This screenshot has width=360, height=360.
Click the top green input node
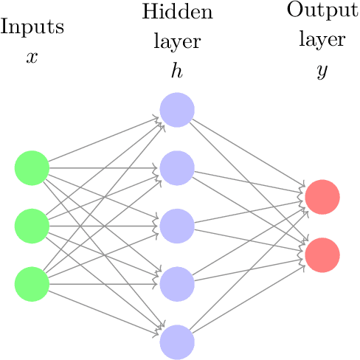(x=32, y=168)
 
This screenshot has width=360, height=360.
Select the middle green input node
(x=32, y=226)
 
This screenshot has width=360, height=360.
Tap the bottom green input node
(x=32, y=284)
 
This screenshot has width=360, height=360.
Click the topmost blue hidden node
(x=177, y=110)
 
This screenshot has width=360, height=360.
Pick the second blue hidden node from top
(x=177, y=168)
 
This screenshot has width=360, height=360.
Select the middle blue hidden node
(x=177, y=226)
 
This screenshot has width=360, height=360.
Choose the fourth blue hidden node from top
(x=177, y=284)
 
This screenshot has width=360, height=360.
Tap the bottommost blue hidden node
(x=177, y=342)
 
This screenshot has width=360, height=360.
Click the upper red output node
(x=322, y=197)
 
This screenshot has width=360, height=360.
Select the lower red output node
(x=322, y=255)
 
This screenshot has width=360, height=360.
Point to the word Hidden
(x=177, y=12)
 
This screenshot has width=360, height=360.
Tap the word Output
(x=322, y=11)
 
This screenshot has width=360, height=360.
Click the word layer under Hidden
(x=177, y=41)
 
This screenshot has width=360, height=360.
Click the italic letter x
(x=32, y=57)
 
